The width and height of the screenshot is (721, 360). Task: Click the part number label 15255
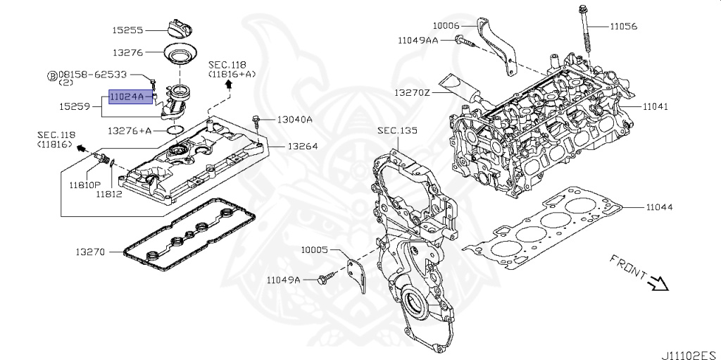128,30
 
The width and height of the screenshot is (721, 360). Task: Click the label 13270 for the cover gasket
91,252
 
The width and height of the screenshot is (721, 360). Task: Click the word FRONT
628,267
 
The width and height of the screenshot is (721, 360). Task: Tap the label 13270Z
411,93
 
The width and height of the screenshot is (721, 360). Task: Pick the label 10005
315,250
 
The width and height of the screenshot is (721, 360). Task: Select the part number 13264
303,147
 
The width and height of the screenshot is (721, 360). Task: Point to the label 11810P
85,185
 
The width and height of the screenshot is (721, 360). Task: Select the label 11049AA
418,41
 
